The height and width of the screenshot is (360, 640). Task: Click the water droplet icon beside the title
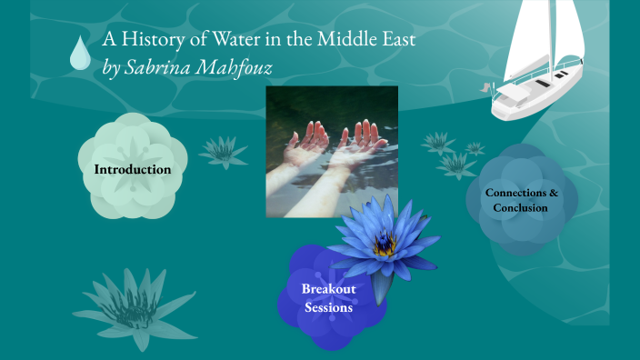81,54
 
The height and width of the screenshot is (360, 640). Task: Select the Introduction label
132,169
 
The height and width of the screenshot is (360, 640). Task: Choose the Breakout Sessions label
329,298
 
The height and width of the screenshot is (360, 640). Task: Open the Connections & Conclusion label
521,200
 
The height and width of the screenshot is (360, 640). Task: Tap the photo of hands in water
331,152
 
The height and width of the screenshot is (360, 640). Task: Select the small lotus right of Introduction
222,151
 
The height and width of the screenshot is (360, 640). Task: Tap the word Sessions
329,308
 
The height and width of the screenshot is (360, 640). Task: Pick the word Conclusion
521,208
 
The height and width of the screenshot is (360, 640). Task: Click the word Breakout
329,289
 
